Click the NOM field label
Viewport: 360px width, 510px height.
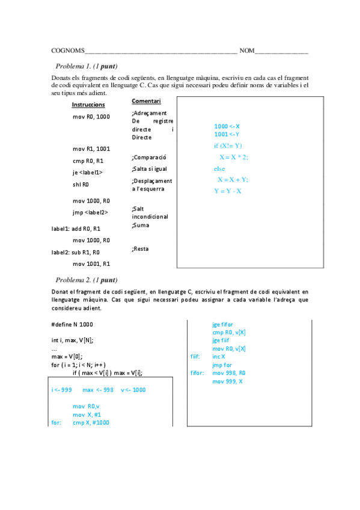tap(246, 51)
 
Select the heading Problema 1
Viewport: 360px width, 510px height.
tap(86, 66)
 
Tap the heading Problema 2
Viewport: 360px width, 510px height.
tap(86, 280)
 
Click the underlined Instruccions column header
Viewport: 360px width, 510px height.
tap(88, 105)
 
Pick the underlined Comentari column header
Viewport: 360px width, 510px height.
tap(146, 101)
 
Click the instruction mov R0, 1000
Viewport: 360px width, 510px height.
tap(91, 116)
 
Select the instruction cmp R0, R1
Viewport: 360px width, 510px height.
tap(88, 161)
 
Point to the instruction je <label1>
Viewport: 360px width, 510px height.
tap(88, 173)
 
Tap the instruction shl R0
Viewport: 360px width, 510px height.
tap(81, 185)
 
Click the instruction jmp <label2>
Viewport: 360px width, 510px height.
tap(90, 212)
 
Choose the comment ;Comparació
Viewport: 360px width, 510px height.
tap(148, 157)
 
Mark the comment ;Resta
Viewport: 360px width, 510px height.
tap(140, 248)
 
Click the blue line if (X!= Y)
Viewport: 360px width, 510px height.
tap(228, 146)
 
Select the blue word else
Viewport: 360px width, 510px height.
tap(219, 168)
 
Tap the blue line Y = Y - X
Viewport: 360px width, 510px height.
tap(228, 191)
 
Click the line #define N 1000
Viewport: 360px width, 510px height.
tap(72, 325)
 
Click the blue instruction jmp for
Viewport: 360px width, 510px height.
tap(223, 364)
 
